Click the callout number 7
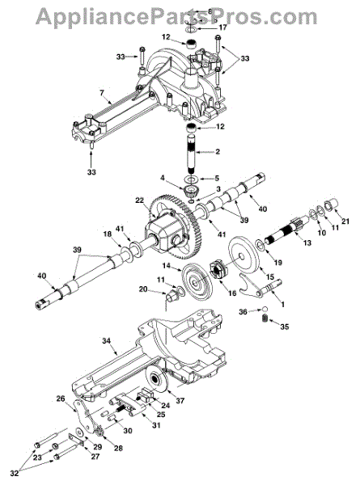(103, 92)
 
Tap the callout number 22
(139, 200)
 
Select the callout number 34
(106, 341)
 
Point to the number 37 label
(180, 401)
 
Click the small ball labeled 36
(265, 309)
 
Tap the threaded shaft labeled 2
(192, 154)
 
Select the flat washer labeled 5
(191, 179)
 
